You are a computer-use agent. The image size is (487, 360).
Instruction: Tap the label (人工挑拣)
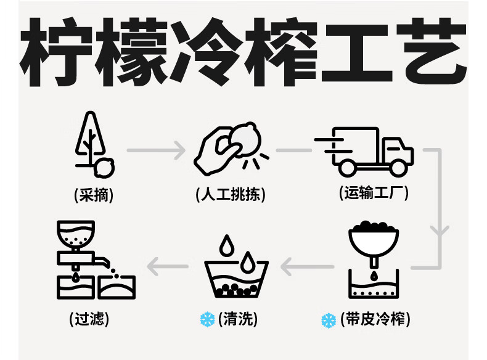pos(231,195)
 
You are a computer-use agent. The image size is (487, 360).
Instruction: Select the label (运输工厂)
pos(374,193)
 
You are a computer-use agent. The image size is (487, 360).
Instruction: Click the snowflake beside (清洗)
pos(208,319)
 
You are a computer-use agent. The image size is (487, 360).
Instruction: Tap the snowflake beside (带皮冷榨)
pos(329,320)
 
